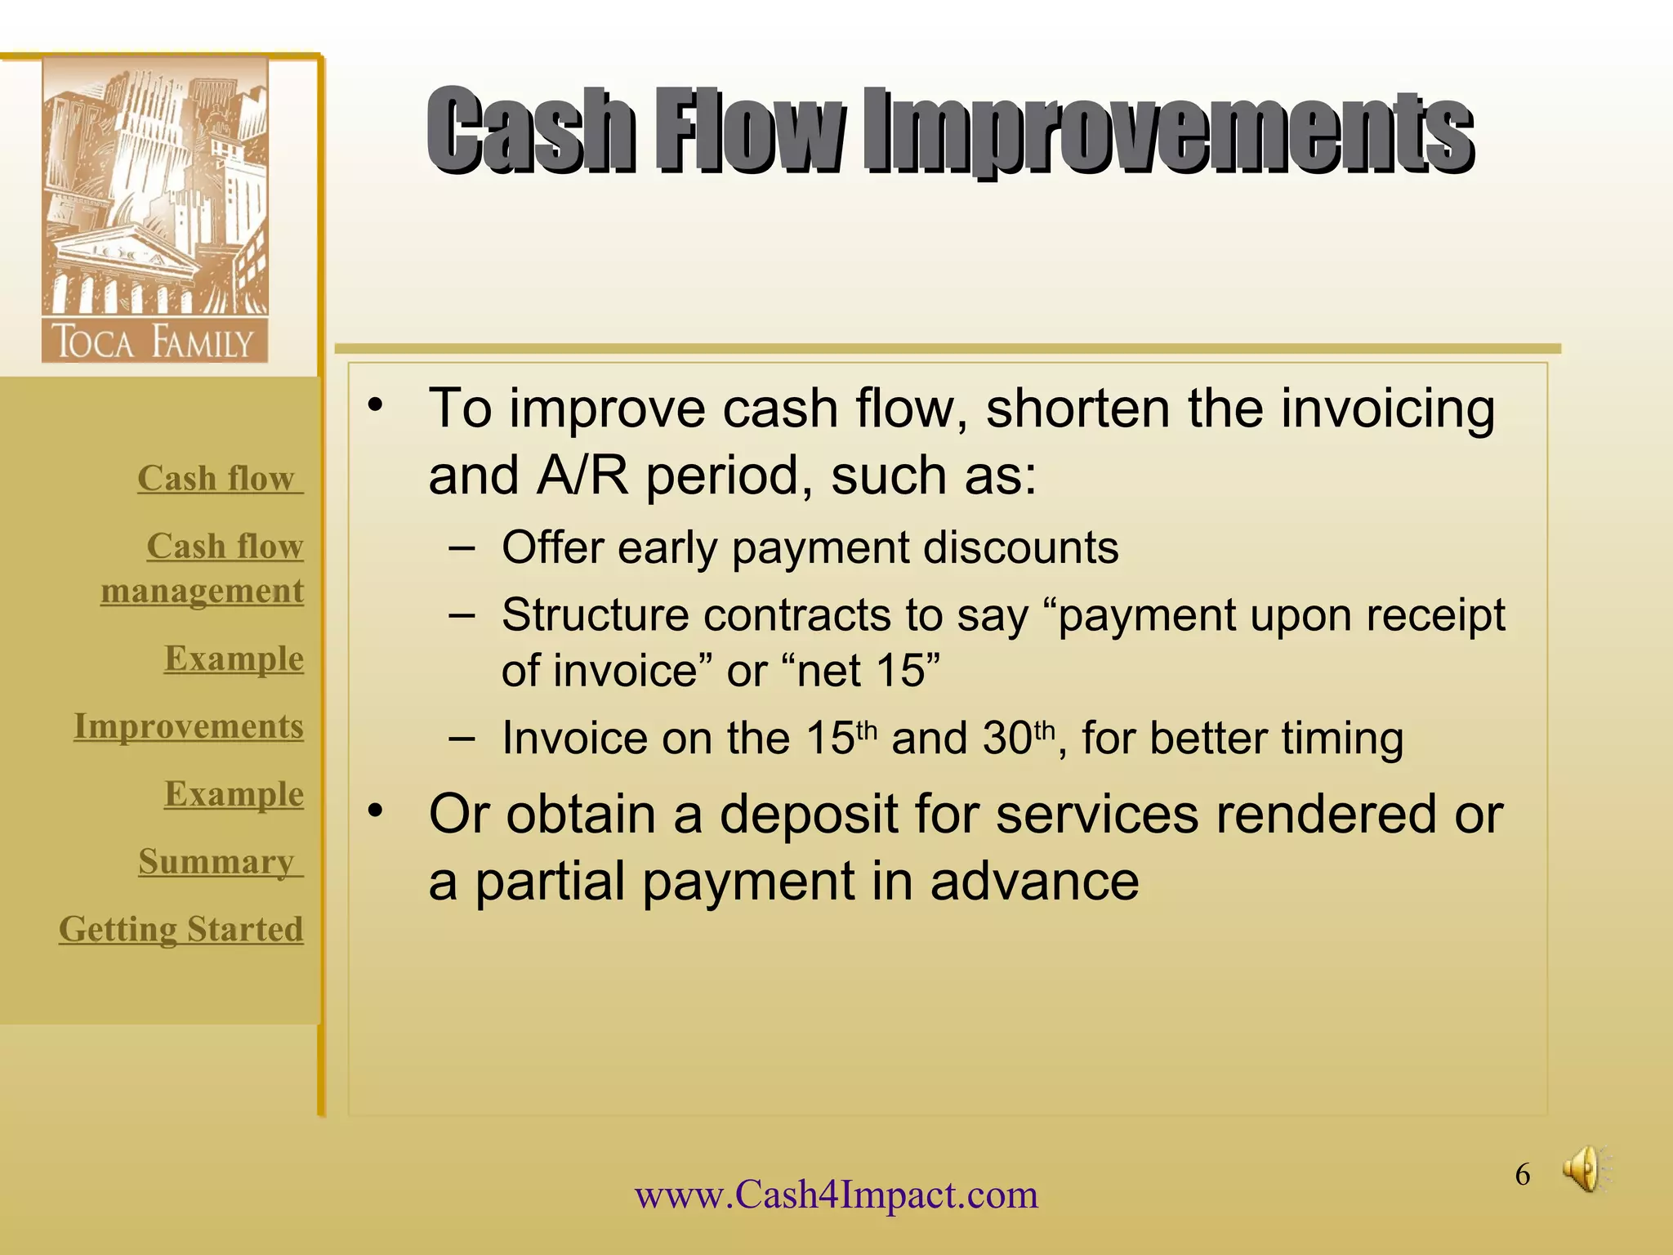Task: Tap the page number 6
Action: [1523, 1175]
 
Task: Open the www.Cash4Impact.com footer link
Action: [836, 1195]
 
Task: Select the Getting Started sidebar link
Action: [181, 929]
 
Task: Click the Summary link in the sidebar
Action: [216, 861]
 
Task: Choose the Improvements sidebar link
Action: [189, 726]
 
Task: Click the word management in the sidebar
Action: [202, 590]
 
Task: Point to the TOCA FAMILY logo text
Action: [154, 342]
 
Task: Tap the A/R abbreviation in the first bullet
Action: [582, 476]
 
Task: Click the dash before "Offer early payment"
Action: [462, 547]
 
